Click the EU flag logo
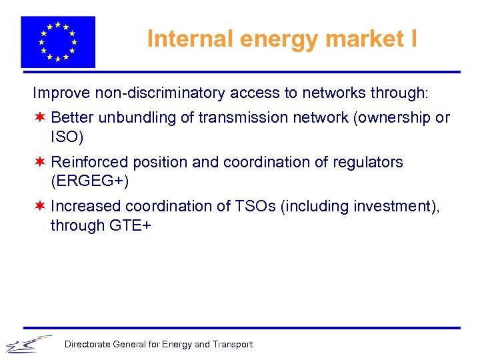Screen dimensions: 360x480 [58, 41]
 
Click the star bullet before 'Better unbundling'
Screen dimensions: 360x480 [41, 118]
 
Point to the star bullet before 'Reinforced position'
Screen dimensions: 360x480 [41, 162]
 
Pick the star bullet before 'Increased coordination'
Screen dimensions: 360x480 [41, 207]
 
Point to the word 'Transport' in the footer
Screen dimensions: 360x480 [233, 345]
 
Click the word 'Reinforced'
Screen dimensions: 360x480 [89, 162]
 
